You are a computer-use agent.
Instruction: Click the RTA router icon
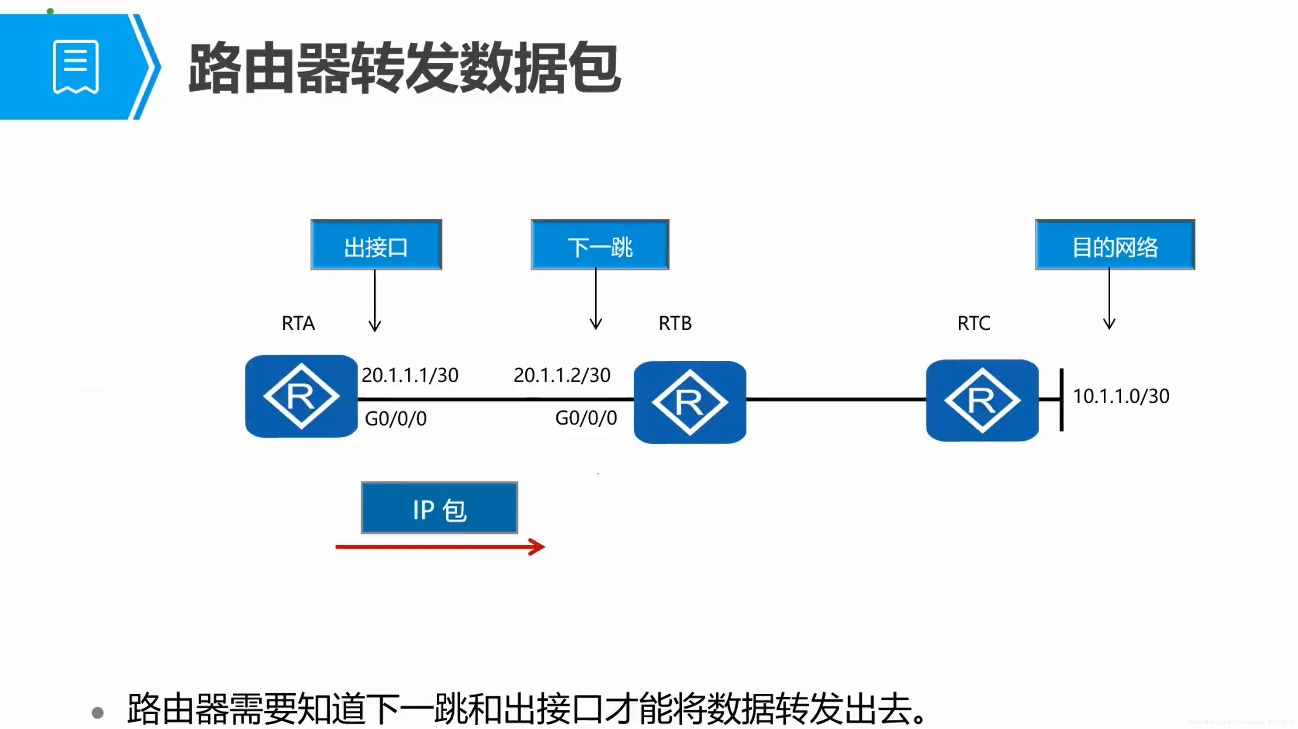click(x=301, y=396)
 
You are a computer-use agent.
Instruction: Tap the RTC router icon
click(x=982, y=400)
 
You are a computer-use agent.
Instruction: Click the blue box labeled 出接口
click(x=376, y=245)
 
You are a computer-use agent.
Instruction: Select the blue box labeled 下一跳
click(x=600, y=245)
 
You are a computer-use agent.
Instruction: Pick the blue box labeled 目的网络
click(x=1115, y=245)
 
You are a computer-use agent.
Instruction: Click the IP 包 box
click(x=439, y=508)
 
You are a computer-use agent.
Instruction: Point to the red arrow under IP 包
click(x=440, y=547)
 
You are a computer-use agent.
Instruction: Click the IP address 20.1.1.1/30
click(x=410, y=375)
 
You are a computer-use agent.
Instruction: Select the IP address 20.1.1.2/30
click(x=562, y=375)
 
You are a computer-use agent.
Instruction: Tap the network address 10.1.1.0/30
click(x=1121, y=396)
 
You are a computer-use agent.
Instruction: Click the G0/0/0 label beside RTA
click(x=396, y=419)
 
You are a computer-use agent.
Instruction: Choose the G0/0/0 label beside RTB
click(x=586, y=418)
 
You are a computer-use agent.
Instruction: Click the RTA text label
click(x=298, y=323)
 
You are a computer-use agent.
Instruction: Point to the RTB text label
click(x=675, y=323)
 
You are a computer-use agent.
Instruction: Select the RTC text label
click(x=973, y=323)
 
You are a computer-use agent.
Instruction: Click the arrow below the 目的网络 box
click(x=1109, y=300)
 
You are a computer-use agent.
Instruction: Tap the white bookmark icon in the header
click(x=76, y=67)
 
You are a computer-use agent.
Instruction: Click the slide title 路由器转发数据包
click(x=404, y=69)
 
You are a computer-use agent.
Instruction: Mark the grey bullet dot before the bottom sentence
click(x=98, y=713)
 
